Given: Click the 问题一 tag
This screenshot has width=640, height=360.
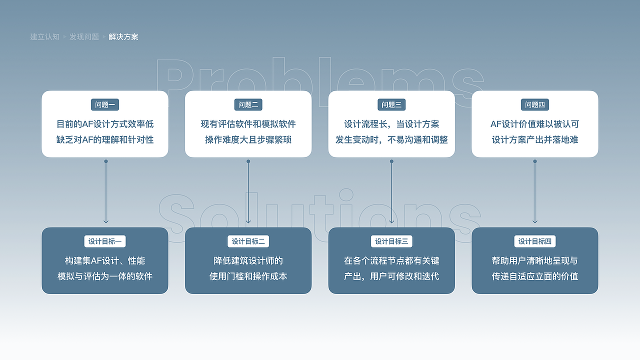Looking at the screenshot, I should tap(105, 104).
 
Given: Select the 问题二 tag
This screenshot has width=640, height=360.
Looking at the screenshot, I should tap(248, 104).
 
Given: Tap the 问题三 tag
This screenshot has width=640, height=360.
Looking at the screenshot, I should tap(391, 104).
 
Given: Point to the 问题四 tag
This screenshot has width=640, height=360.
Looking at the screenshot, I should tap(535, 104).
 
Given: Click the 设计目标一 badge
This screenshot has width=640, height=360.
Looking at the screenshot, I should tap(105, 241).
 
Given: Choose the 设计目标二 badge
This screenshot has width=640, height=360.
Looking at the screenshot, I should tap(248, 241).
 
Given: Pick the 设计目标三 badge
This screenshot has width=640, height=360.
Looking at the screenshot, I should tap(391, 241).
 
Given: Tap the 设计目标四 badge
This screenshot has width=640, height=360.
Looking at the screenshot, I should tap(535, 241).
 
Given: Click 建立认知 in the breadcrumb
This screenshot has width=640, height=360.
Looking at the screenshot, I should tap(45, 37).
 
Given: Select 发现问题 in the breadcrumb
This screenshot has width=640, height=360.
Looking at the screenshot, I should tap(84, 37).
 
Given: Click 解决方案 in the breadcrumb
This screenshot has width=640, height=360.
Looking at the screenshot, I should tap(123, 37).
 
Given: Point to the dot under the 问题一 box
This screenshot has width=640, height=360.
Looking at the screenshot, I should tap(106, 161).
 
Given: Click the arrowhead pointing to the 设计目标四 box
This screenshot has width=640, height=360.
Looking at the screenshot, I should tap(535, 221).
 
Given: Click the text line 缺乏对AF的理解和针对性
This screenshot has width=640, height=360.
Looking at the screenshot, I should tap(105, 139).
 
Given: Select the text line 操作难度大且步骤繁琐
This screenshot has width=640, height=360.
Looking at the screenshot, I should tap(248, 139).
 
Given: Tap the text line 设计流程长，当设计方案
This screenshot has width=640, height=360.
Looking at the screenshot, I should tap(391, 124).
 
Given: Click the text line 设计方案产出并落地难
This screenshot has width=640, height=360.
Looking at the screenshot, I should tap(535, 139).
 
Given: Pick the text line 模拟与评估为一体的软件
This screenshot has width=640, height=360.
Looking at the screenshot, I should tap(105, 276).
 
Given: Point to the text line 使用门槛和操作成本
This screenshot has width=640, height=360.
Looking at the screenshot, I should tap(248, 276).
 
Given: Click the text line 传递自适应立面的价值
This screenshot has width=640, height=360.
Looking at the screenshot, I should tap(535, 276).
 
